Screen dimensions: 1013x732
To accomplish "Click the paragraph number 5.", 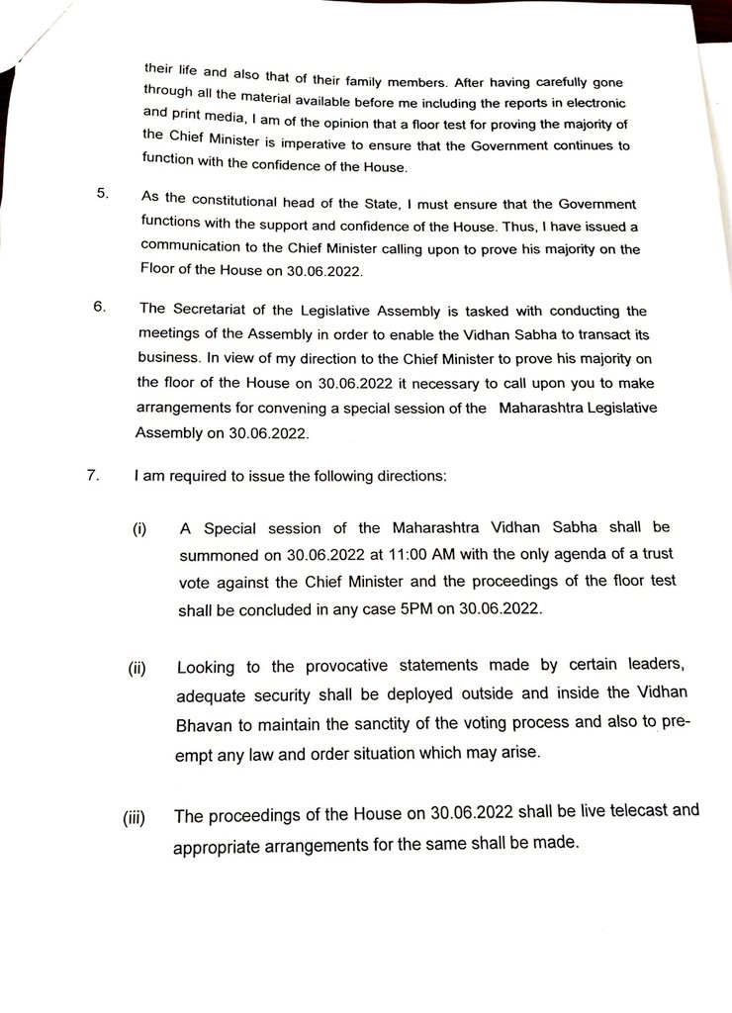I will point(102,193).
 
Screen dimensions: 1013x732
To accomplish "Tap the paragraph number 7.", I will point(92,475).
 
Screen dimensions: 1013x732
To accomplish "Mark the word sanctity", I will point(388,720).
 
